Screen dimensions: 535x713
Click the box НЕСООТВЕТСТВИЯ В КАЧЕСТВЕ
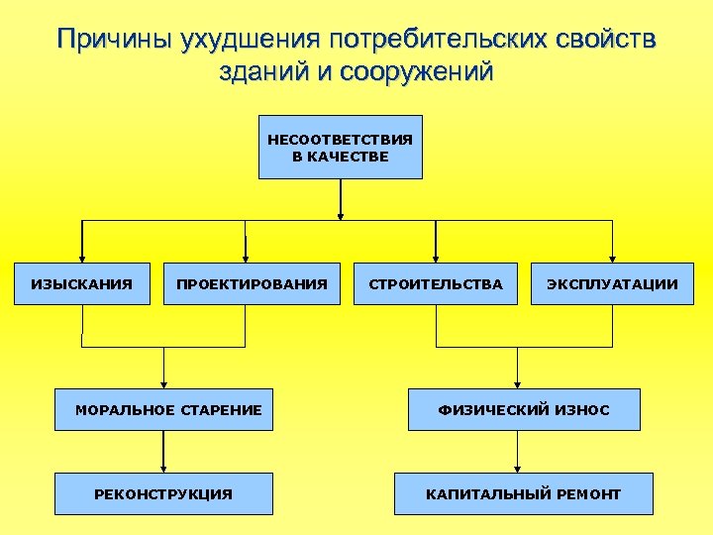pos(340,148)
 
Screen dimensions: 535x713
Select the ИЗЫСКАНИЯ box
pos(81,284)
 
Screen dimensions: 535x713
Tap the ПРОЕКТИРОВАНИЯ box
pos(252,284)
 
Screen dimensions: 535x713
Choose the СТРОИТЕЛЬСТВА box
pos(436,284)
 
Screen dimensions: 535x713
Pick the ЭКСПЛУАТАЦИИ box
pos(612,284)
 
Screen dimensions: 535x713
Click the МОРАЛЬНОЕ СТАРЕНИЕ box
pos(164,409)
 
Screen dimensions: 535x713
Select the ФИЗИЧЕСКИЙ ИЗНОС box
pos(524,409)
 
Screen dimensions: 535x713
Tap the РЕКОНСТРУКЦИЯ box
pos(163,493)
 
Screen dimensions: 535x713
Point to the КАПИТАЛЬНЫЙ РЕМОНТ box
pos(523,493)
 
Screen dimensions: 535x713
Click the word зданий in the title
pos(260,72)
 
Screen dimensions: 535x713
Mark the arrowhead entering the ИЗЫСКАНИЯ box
pos(81,258)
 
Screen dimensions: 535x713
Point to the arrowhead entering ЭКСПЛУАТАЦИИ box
pos(612,258)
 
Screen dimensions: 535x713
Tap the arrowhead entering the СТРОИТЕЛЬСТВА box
pos(436,258)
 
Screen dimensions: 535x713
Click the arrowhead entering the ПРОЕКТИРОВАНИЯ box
pos(246,258)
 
